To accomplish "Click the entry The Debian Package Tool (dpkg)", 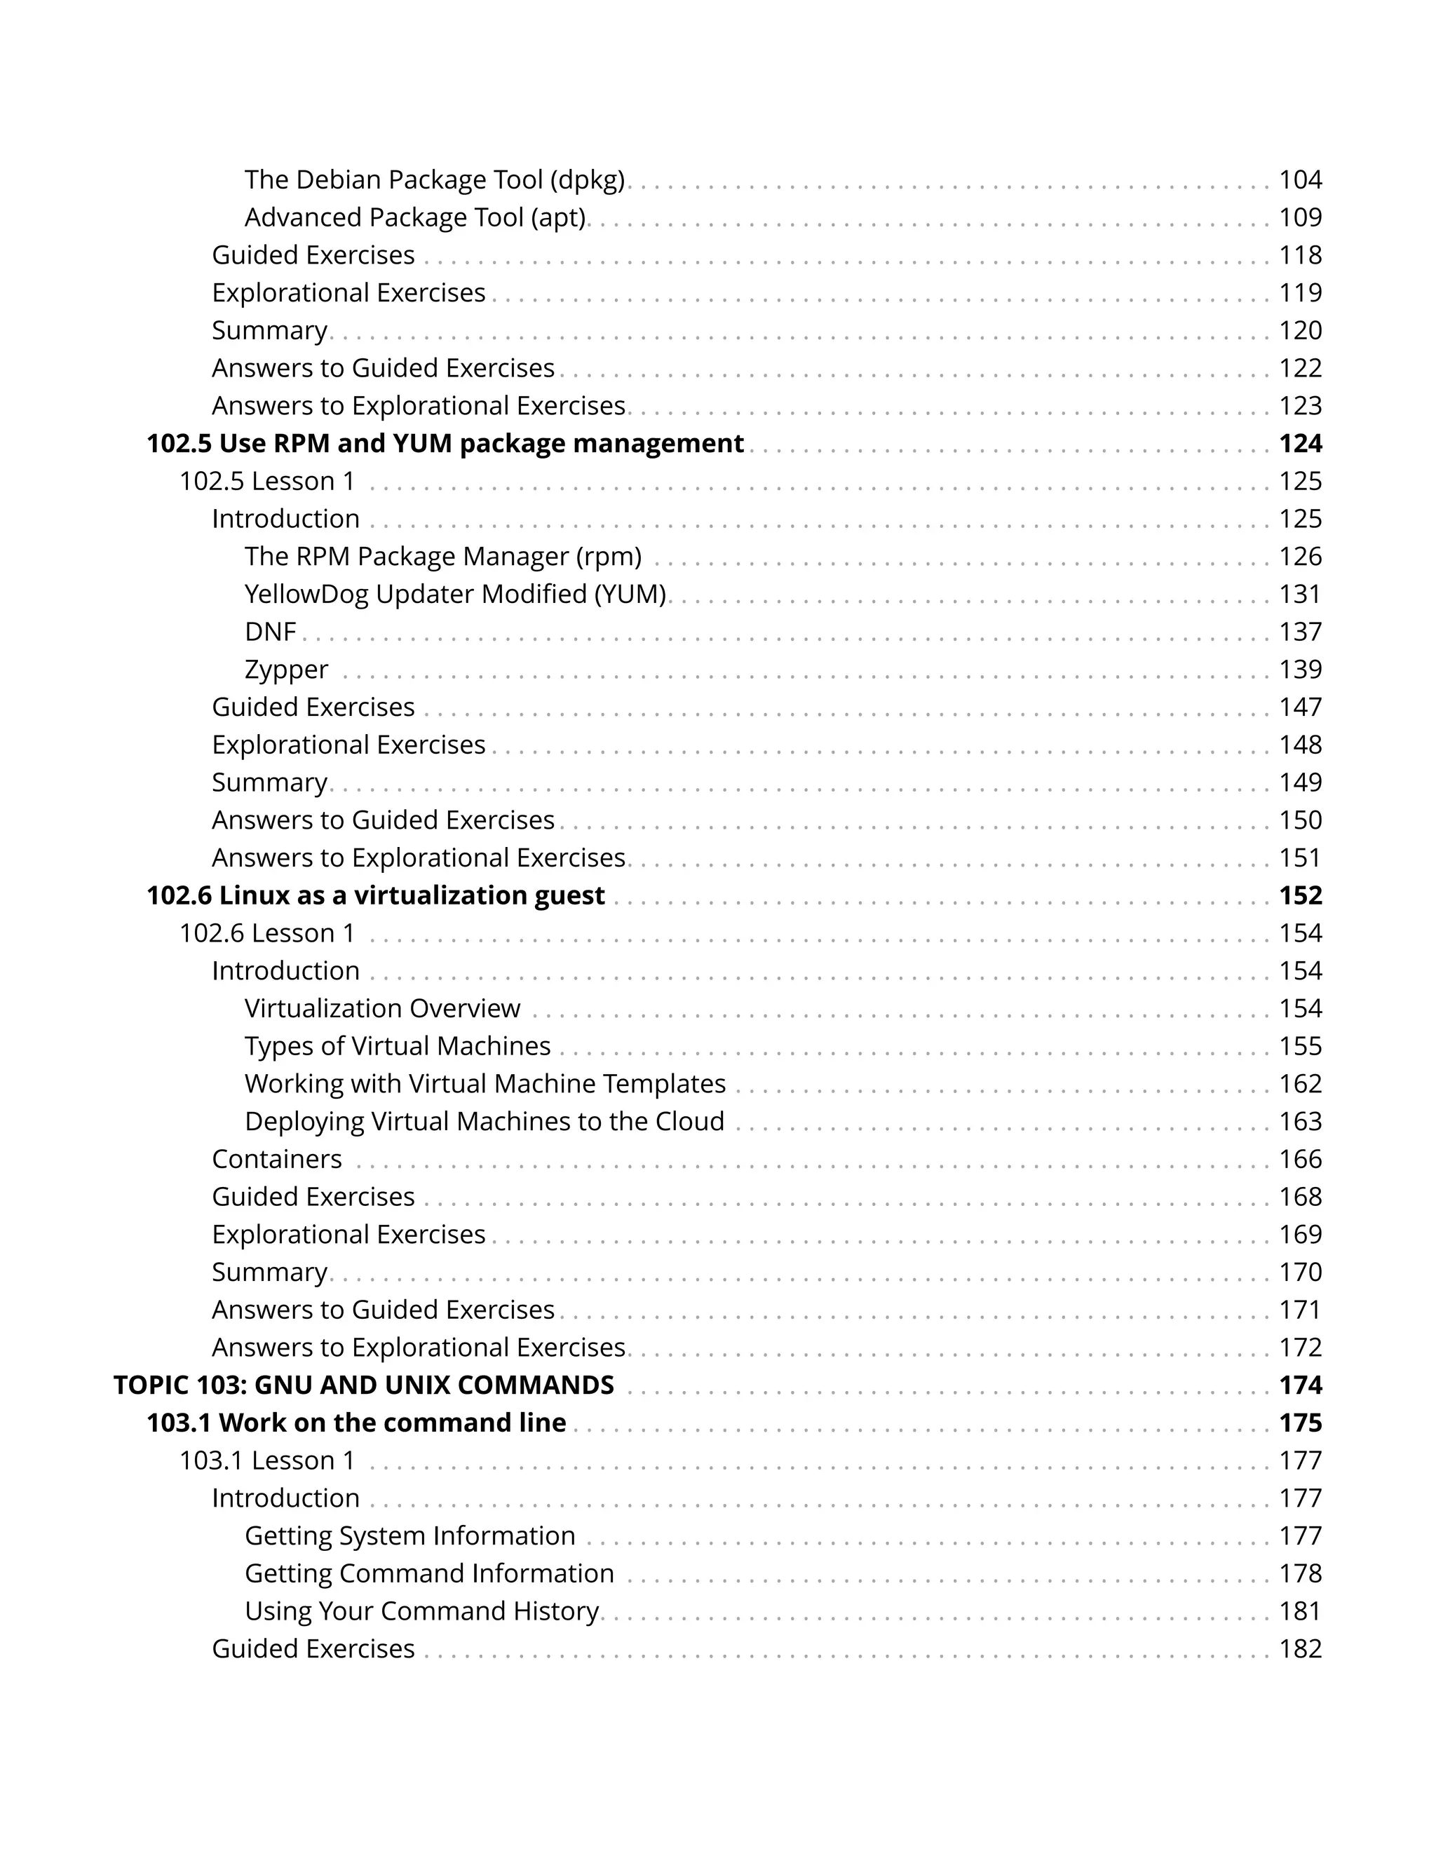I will click(x=434, y=180).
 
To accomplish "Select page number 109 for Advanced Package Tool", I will click(x=1300, y=218).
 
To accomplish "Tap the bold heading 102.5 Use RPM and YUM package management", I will click(x=445, y=444).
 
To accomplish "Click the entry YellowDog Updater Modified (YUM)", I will click(x=455, y=595).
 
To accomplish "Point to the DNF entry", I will click(x=270, y=632).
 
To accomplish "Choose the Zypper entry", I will click(x=286, y=670).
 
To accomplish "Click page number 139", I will click(x=1300, y=670).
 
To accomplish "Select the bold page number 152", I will click(x=1300, y=896).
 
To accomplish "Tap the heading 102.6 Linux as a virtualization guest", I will click(x=375, y=896).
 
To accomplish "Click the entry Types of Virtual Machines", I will click(x=398, y=1046).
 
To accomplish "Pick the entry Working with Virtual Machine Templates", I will click(x=485, y=1084).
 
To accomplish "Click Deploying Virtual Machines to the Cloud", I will click(x=484, y=1121).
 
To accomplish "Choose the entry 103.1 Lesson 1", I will click(x=266, y=1460).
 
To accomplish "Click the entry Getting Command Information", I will click(x=428, y=1574).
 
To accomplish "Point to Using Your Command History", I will click(x=422, y=1611).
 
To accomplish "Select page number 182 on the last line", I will click(x=1300, y=1649).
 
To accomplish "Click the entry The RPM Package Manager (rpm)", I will click(x=442, y=557).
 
